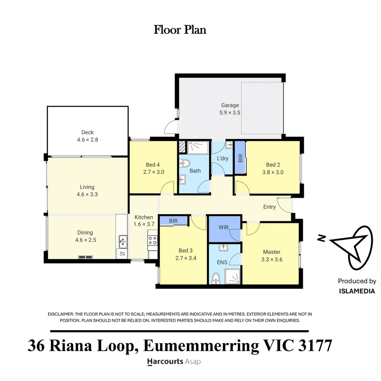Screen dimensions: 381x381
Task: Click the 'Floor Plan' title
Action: pos(180,30)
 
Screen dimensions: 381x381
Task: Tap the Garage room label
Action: pos(230,105)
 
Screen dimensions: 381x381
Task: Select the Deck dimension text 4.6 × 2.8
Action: pos(87,140)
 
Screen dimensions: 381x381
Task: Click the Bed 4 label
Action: pos(153,165)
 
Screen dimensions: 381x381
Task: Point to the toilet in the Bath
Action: pos(185,163)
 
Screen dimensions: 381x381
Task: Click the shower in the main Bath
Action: pos(198,147)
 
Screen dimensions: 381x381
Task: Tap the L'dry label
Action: pos(223,158)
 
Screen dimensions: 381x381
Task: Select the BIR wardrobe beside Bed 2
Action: pos(240,158)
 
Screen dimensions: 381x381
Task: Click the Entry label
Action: pos(270,207)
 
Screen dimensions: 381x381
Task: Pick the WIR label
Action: pos(224,227)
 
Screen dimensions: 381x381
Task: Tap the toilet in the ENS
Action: pos(216,278)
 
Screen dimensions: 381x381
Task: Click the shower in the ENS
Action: pos(232,277)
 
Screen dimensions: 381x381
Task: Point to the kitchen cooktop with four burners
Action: pos(153,241)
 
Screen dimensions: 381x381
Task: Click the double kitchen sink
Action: pos(123,242)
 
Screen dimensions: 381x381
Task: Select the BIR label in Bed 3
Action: pos(173,221)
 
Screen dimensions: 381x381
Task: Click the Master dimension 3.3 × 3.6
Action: pos(272,260)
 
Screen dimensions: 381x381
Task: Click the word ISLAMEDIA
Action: pos(357,291)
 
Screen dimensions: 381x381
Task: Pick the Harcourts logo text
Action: pos(165,362)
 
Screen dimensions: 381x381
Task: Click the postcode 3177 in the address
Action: pos(315,345)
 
